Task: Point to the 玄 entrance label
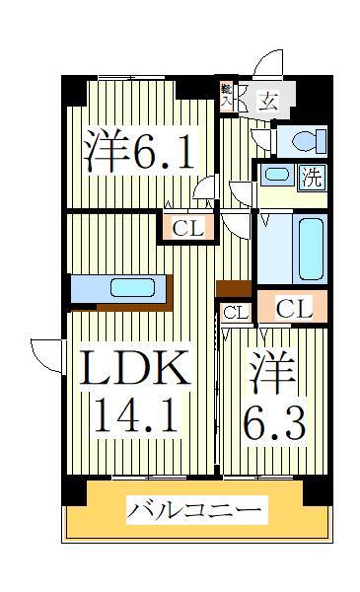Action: coord(267,99)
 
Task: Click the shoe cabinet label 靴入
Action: coord(226,95)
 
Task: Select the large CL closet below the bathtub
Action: coord(293,309)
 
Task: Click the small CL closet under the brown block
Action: coord(235,313)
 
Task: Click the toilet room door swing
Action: coord(260,136)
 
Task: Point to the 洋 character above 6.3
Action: coord(272,374)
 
